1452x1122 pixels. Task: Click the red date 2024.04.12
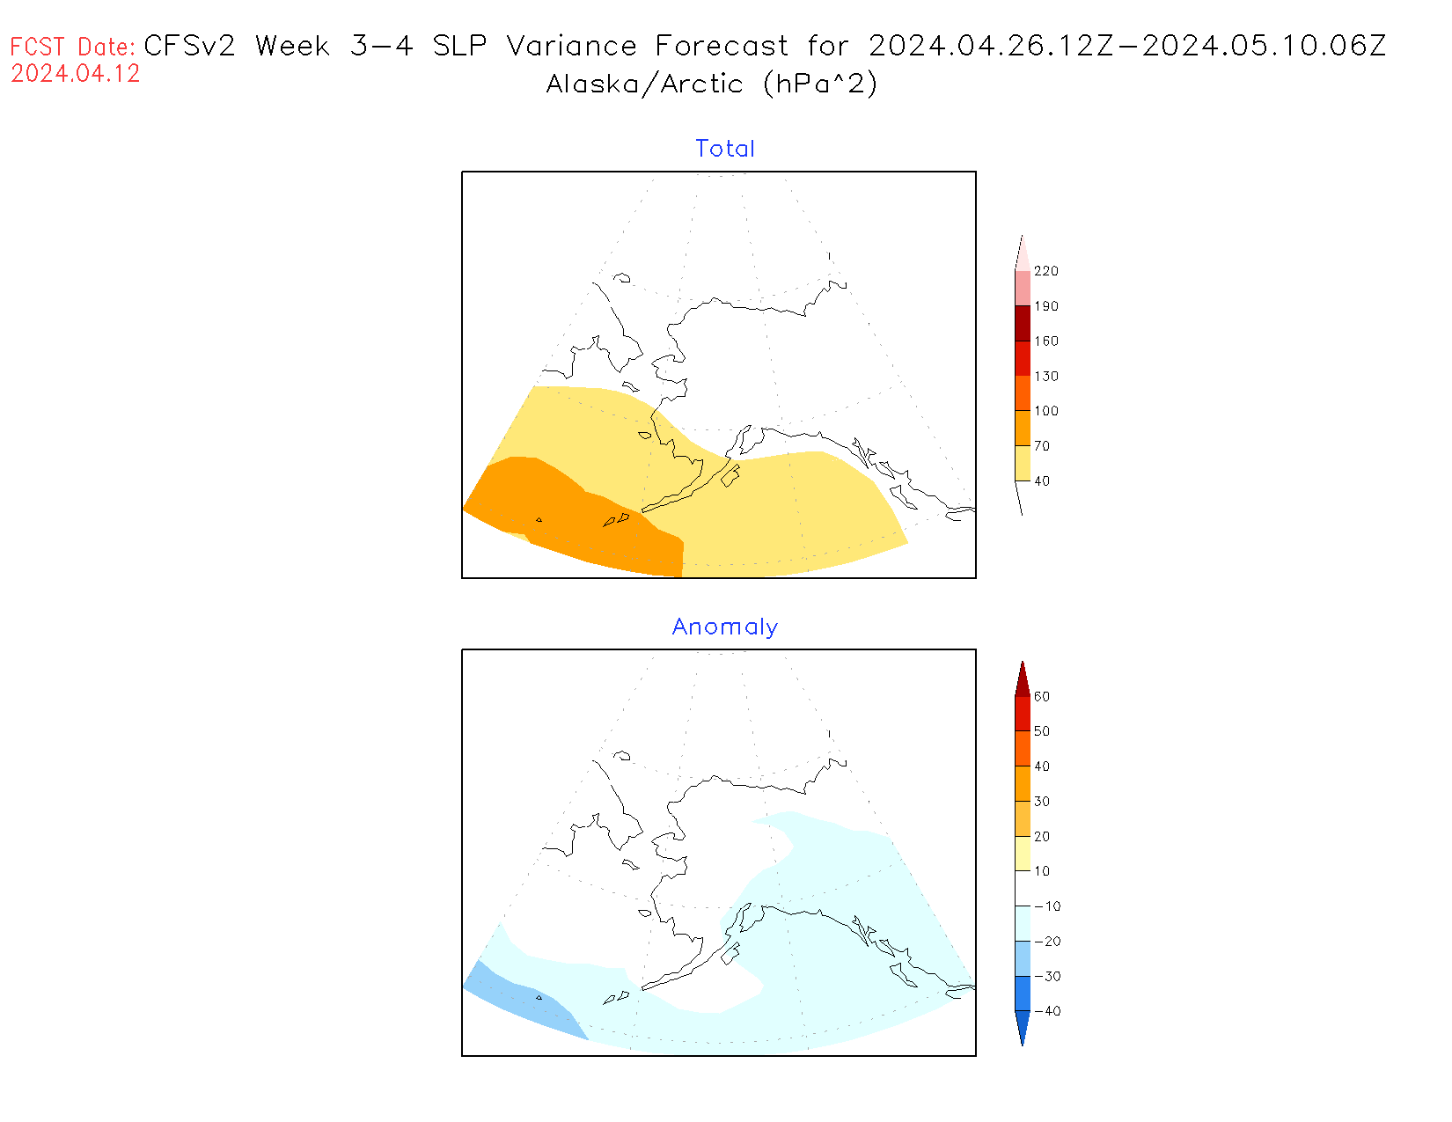point(76,74)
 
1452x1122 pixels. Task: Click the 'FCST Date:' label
point(73,47)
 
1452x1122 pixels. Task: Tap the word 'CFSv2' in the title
point(189,46)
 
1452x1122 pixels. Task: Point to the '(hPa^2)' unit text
point(820,84)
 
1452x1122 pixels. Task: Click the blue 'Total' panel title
point(725,149)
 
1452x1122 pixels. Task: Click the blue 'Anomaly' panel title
point(725,627)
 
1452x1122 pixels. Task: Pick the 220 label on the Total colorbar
point(1046,271)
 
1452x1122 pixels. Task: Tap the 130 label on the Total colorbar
point(1046,376)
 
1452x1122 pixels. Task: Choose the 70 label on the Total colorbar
point(1042,446)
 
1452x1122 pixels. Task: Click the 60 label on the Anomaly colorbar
point(1042,696)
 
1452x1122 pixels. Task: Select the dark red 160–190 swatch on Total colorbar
point(1022,323)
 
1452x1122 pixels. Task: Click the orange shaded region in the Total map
point(572,515)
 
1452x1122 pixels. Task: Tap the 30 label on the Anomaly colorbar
point(1042,802)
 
